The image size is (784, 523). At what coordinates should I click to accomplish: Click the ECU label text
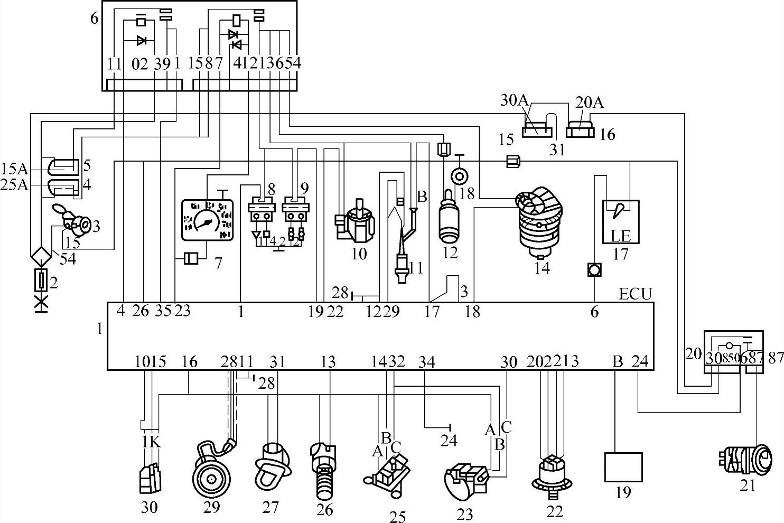point(636,293)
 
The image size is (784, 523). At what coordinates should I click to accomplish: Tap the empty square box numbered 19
point(623,467)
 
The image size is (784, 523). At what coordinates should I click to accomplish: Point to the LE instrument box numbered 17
point(621,221)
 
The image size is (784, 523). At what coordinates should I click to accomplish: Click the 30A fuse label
point(511,100)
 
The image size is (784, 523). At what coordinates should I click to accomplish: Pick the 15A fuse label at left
point(14,169)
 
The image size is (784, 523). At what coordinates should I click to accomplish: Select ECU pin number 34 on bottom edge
point(426,362)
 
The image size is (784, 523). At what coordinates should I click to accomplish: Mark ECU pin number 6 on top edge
point(594,312)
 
